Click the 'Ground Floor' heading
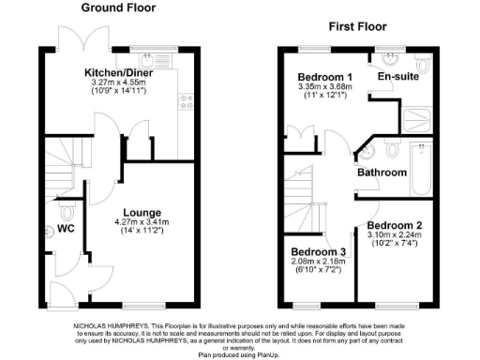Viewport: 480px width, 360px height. (118, 8)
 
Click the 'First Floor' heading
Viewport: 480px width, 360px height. (359, 27)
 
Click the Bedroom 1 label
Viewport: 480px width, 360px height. (325, 77)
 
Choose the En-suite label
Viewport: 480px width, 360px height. (397, 77)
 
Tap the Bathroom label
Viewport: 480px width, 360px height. (382, 172)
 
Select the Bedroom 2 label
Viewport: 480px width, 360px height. (395, 225)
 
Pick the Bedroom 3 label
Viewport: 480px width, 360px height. (318, 252)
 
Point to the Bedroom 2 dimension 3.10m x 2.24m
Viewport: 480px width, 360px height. (395, 235)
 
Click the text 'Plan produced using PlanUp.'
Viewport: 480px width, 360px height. (239, 355)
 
